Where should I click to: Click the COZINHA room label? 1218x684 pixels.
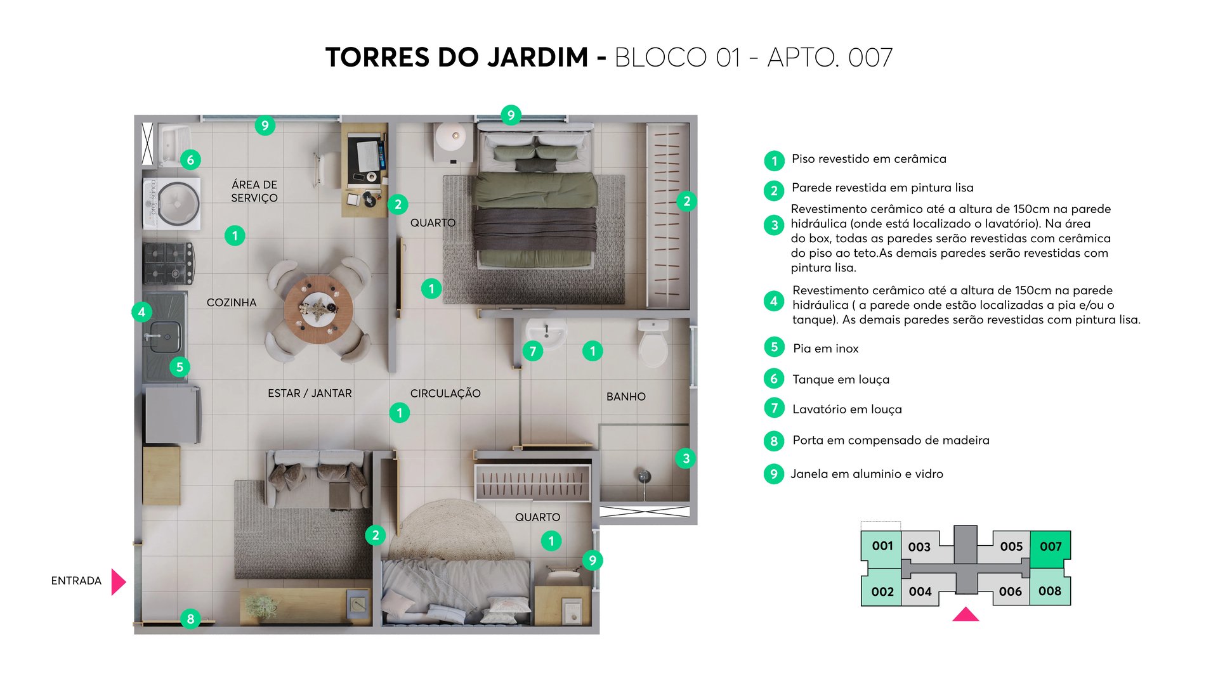coord(232,302)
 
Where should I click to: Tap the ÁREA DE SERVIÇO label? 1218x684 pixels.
coord(254,191)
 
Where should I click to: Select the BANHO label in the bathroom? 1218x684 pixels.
coord(625,396)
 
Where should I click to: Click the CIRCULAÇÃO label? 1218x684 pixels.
coord(445,393)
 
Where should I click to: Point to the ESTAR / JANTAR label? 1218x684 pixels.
coord(310,393)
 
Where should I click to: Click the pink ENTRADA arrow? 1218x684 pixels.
coord(118,581)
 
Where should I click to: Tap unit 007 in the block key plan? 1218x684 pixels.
coord(1050,547)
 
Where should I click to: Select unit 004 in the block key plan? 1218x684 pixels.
coord(920,591)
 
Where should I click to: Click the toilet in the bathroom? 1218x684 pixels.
coord(653,345)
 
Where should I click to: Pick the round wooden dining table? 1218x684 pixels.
coord(318,309)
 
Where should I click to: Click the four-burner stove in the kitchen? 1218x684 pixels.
coord(168,263)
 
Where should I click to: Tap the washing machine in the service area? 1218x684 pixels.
coord(173,203)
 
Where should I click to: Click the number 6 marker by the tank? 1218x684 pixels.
coord(190,160)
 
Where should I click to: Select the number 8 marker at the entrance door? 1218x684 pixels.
coord(190,619)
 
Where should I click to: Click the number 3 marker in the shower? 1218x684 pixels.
coord(686,458)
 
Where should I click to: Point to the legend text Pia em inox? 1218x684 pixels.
coord(825,349)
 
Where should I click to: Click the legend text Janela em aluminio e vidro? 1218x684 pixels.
coord(867,474)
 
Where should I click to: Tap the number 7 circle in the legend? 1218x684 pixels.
coord(774,408)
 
